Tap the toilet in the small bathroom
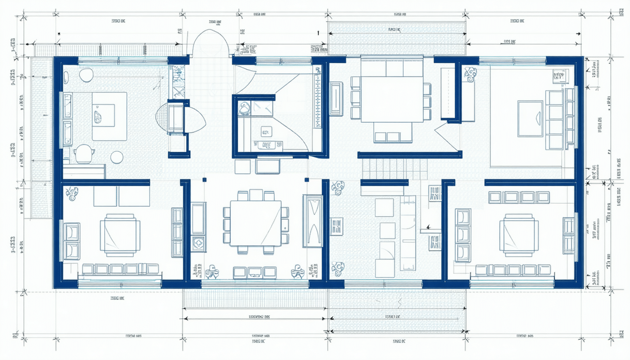click(244, 108)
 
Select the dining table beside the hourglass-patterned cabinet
click(255, 223)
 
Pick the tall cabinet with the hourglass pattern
click(312, 221)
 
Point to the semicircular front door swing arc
click(210, 42)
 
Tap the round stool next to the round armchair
click(117, 157)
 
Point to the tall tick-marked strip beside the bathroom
click(318, 96)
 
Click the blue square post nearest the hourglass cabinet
click(307, 180)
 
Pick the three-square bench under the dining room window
click(255, 272)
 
